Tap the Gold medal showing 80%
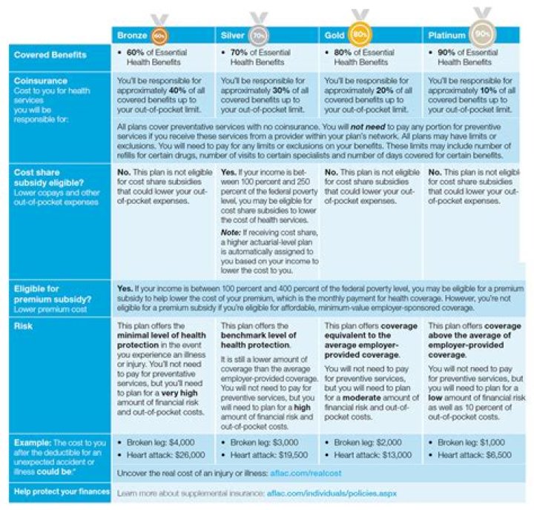[360, 33]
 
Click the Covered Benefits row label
[50, 55]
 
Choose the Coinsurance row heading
[42, 81]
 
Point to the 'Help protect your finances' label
[60, 491]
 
